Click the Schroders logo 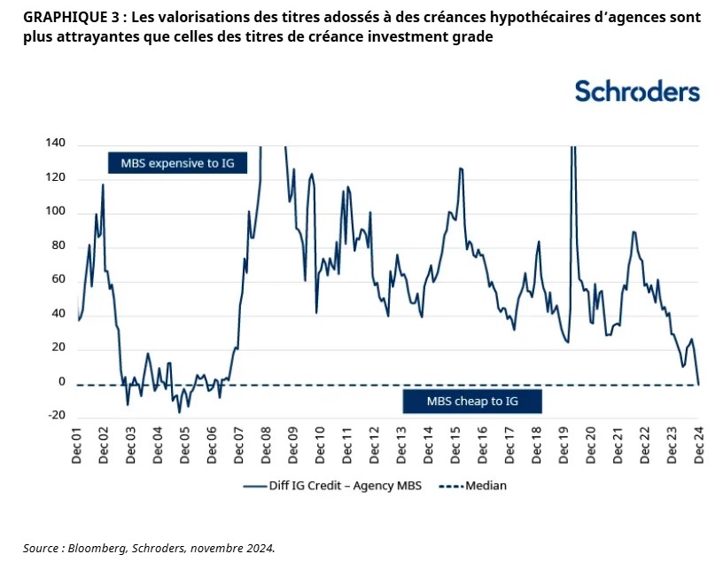pos(637,91)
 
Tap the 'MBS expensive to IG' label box pos(177,163)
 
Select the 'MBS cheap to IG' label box pos(471,401)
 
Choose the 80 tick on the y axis pos(58,246)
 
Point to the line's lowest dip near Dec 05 pos(179,412)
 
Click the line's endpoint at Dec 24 pos(699,384)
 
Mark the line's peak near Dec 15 pos(461,168)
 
